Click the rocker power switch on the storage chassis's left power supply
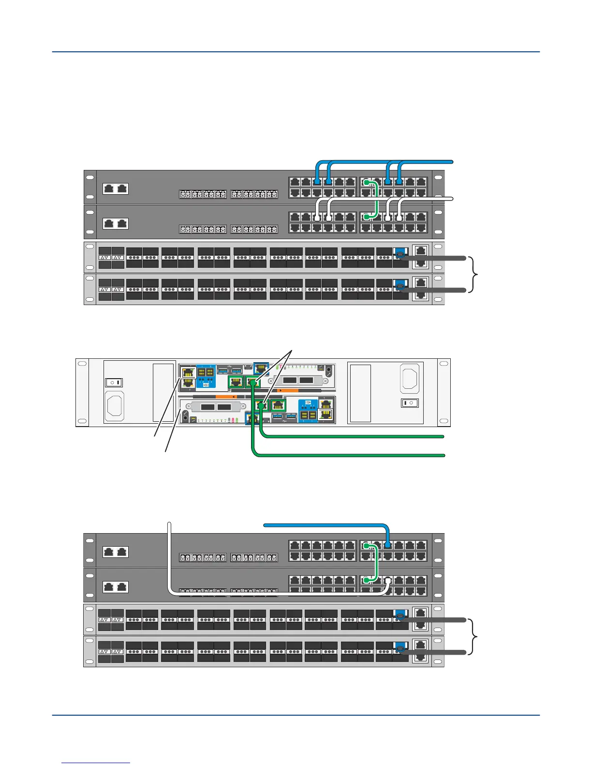(114, 383)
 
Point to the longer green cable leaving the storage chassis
(348, 455)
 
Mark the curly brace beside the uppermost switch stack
(476, 275)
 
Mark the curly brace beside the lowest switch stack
(476, 636)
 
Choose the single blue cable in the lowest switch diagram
(324, 524)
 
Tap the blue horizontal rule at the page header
(296, 52)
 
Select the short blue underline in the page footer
(96, 763)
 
